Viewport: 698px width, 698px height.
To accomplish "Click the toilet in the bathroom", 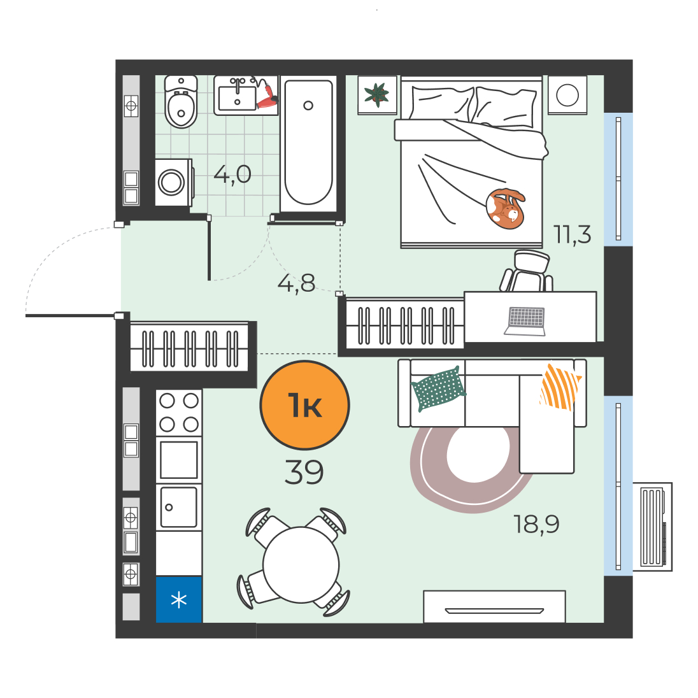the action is click(x=181, y=102).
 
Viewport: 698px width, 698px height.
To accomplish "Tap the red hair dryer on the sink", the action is click(x=267, y=96).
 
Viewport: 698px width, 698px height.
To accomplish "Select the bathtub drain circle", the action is click(x=308, y=106).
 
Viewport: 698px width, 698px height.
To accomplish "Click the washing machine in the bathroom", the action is click(x=174, y=183).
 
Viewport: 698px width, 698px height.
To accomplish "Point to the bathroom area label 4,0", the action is click(x=232, y=174).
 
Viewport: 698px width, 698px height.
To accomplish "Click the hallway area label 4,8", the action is click(x=296, y=283).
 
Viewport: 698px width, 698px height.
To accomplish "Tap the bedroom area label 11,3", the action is click(x=572, y=234).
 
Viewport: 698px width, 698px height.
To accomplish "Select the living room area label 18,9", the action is click(x=536, y=524).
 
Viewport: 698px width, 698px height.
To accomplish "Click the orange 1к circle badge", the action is click(x=304, y=405).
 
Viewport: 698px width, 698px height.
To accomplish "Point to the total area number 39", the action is click(x=304, y=473).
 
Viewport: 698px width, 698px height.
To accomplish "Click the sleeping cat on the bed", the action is click(x=505, y=208).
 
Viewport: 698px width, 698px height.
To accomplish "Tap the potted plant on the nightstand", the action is click(x=376, y=94).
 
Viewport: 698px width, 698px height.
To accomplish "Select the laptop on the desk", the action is click(x=525, y=321).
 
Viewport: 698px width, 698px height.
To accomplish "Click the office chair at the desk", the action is click(x=527, y=271).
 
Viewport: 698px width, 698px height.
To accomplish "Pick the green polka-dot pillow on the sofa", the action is click(x=438, y=388).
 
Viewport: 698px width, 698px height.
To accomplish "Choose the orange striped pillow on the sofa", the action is click(x=560, y=387).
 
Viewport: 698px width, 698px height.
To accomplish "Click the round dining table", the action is click(x=301, y=565).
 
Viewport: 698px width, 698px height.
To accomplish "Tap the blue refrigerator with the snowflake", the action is click(x=179, y=600).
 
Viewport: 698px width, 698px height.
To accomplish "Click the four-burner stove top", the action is click(x=179, y=413).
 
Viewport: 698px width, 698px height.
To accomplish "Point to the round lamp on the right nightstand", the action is click(x=567, y=95).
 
